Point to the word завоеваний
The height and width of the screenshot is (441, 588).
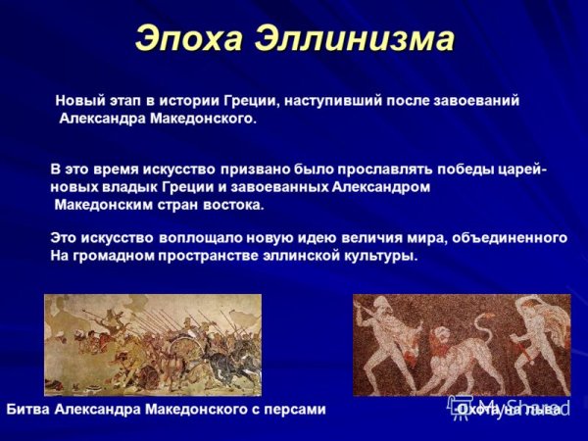[x=477, y=100]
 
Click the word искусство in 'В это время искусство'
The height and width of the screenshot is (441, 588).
[x=165, y=169]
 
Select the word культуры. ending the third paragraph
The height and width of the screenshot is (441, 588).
[x=380, y=256]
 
